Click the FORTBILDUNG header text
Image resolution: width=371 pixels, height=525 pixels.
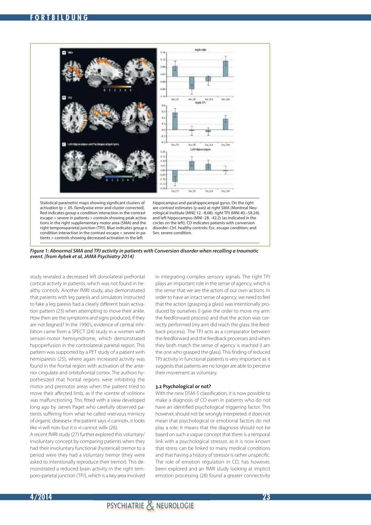tap(59, 17)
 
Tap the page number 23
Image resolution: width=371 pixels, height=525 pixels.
tap(266, 497)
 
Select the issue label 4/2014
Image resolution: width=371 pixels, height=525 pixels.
tap(41, 497)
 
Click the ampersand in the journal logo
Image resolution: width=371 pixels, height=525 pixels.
tap(150, 505)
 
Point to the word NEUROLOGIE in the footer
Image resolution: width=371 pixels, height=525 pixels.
tap(175, 506)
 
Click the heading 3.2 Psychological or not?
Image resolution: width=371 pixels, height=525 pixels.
tap(183, 386)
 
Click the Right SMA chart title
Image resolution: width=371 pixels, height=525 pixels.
tap(200, 50)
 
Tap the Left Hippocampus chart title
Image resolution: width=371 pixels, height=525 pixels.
tap(200, 149)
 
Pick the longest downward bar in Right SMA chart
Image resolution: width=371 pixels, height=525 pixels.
tap(192, 83)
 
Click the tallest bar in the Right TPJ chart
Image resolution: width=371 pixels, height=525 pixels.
tap(175, 121)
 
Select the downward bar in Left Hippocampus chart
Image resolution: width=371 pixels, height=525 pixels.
tap(175, 176)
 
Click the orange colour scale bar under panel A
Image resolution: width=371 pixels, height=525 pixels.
tap(117, 87)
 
